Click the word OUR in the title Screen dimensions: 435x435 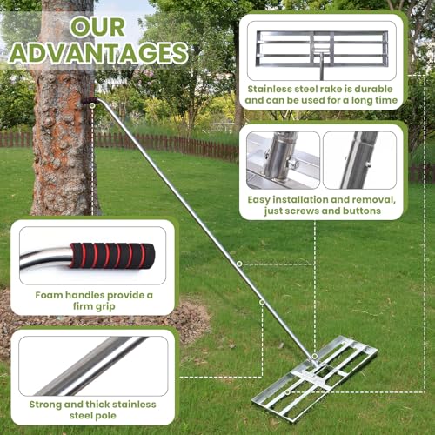(97, 27)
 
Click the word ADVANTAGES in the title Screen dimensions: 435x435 (98, 53)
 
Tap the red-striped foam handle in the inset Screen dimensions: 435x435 (112, 256)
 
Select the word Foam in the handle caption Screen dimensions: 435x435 (49, 295)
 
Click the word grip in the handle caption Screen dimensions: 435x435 (106, 306)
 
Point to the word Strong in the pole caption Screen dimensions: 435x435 (45, 405)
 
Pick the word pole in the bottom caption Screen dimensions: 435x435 (105, 416)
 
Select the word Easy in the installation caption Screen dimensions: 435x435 (258, 200)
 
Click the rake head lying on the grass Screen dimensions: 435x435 (315, 378)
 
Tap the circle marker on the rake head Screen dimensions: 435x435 (287, 392)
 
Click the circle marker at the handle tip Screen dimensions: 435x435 (92, 106)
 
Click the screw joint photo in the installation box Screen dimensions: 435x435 (283, 160)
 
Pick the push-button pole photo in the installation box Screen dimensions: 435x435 (359, 160)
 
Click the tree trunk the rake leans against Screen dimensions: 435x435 (63, 116)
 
